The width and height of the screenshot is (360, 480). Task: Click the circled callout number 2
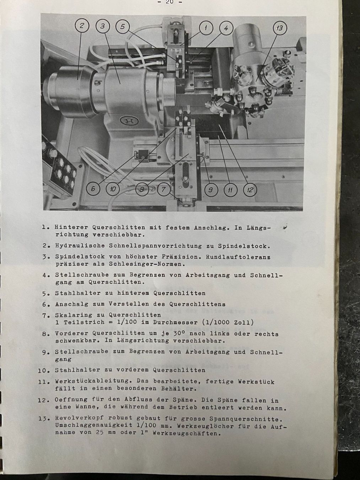82,26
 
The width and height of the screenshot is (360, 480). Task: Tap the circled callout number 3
102,26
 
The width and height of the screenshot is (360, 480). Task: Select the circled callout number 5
122,27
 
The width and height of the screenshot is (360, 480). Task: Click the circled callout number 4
225,27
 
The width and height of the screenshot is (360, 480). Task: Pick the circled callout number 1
206,27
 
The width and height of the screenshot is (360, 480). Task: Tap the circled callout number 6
93,189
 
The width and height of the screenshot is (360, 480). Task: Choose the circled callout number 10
113,189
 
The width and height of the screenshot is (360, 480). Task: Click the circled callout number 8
142,190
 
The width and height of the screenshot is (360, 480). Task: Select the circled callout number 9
210,190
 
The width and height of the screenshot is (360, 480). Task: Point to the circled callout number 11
230,190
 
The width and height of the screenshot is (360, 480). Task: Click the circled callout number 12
250,190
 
